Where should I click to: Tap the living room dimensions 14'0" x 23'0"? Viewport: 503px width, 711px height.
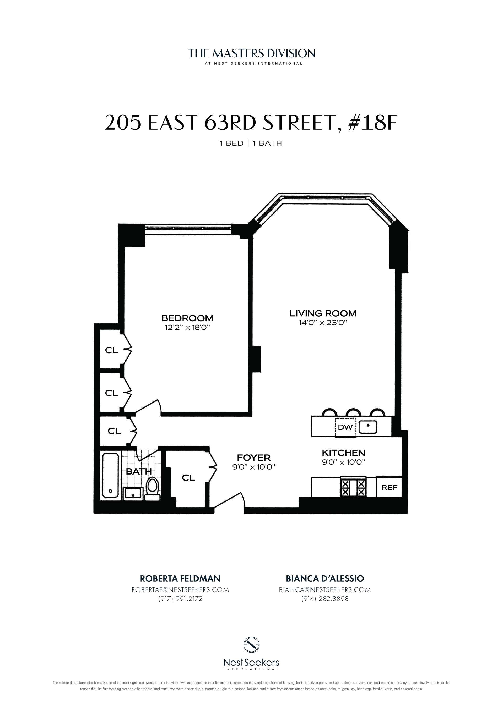323,323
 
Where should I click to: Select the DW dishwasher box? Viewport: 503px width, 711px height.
345,427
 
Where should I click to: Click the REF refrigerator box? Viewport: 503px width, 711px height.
389,487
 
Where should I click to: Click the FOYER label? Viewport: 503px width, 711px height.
253,458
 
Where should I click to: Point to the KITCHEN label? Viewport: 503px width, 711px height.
343,453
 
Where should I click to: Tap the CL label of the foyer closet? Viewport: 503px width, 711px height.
188,478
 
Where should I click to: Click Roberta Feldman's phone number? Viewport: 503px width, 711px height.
180,599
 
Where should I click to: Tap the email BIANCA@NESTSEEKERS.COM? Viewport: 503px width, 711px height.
325,589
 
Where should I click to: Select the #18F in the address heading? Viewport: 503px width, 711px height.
372,123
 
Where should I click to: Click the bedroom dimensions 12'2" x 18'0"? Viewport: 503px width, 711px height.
187,328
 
